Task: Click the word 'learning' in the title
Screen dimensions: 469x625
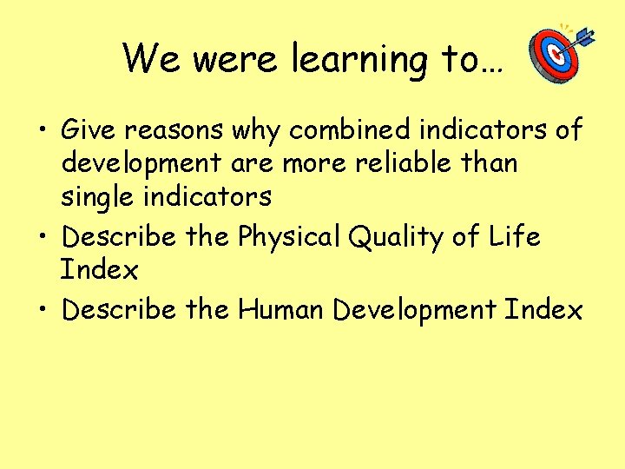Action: [358, 59]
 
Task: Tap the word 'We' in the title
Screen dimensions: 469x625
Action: [152, 59]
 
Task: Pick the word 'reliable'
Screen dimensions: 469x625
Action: [406, 163]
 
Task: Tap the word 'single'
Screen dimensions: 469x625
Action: [102, 197]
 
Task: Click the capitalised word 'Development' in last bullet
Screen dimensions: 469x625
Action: [419, 310]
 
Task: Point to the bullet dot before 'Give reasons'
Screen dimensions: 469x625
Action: [43, 132]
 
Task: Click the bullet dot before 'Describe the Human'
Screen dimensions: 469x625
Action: [43, 311]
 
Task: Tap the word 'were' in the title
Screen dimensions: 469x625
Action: [236, 59]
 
